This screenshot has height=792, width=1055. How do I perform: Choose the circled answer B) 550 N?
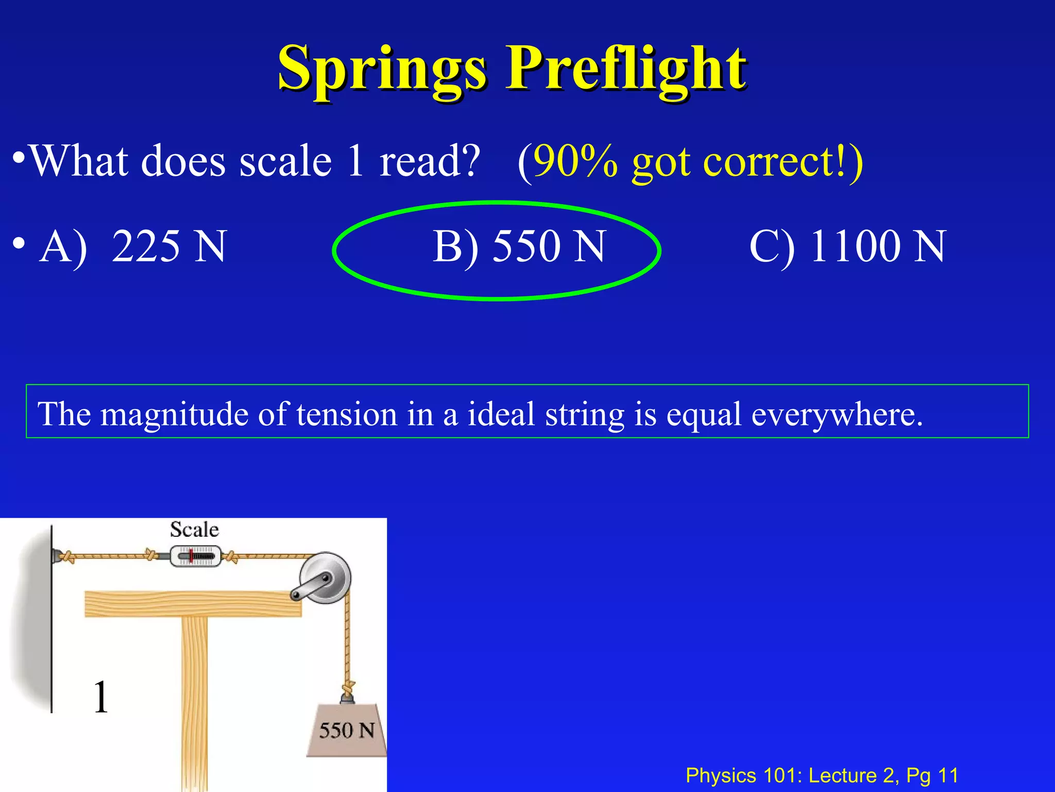click(x=518, y=246)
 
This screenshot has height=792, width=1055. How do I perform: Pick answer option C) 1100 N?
click(x=847, y=246)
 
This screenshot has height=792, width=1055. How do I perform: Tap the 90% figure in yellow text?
click(x=575, y=161)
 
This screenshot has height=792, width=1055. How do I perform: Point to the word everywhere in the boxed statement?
click(x=837, y=414)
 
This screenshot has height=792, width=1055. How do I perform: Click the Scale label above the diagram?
click(x=194, y=530)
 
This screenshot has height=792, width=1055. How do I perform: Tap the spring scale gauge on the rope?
click(x=196, y=557)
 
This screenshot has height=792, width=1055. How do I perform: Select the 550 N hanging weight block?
click(x=347, y=730)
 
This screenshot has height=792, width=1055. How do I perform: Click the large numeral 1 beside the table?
click(x=101, y=697)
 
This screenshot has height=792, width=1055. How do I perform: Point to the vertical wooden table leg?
click(x=195, y=701)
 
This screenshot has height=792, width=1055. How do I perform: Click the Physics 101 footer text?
click(x=822, y=775)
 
